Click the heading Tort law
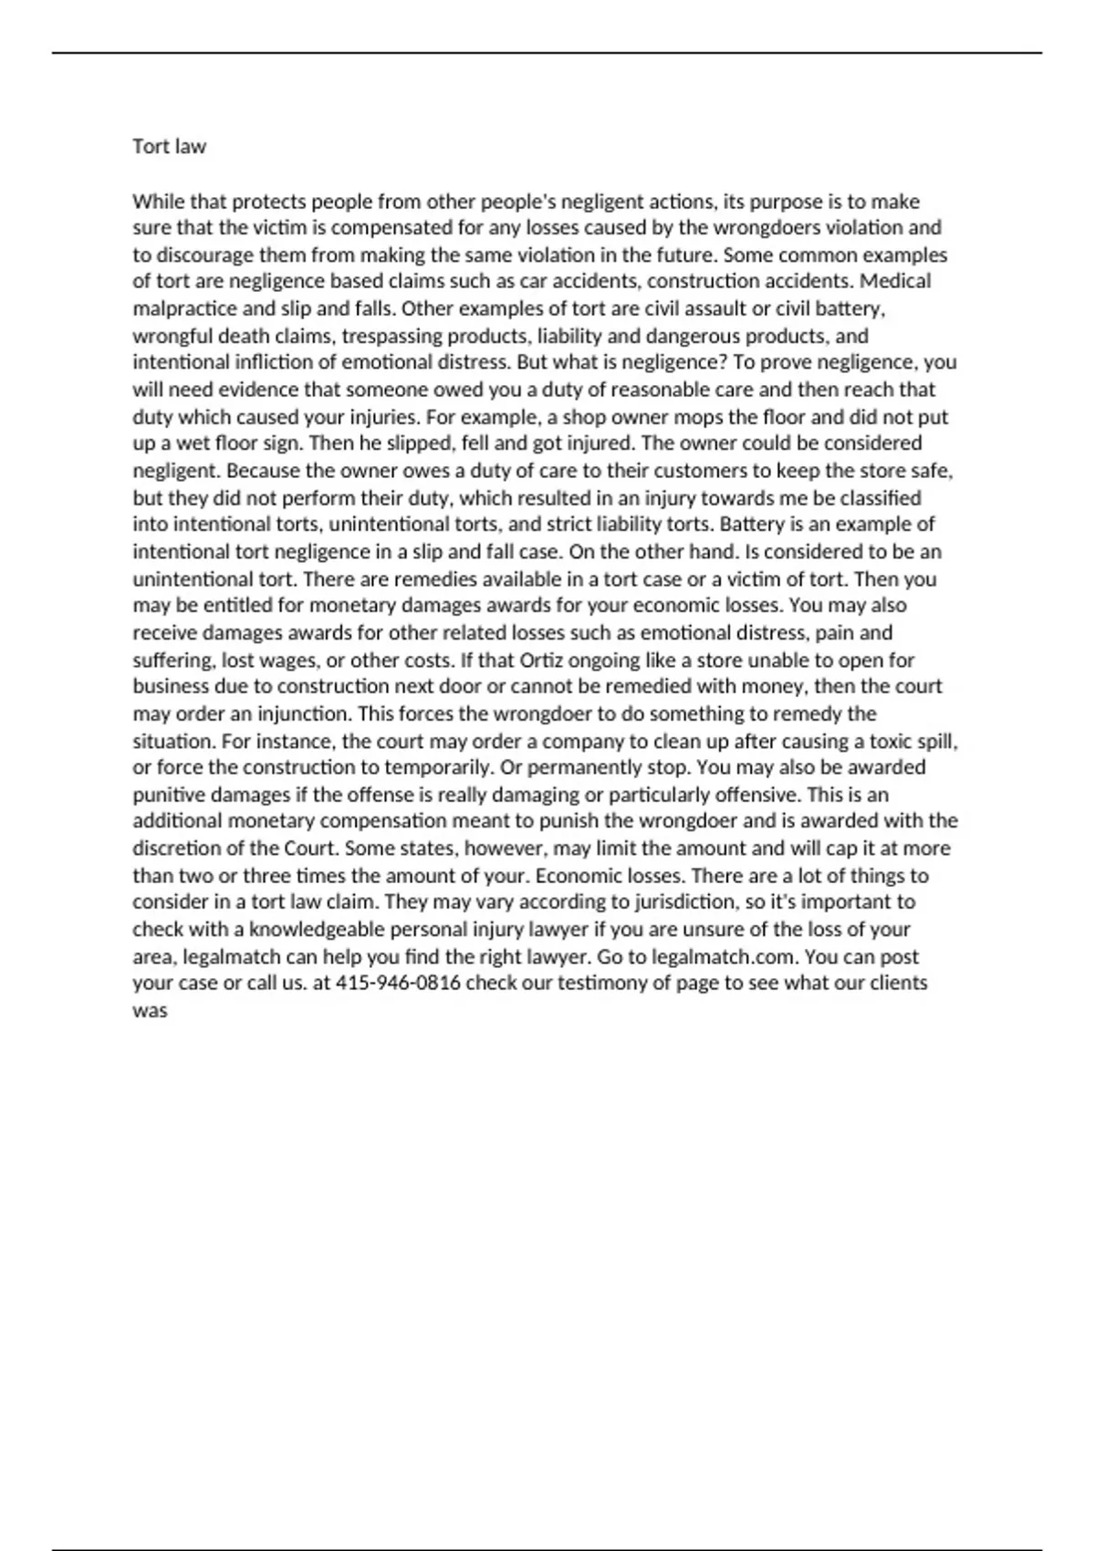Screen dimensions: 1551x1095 click(170, 147)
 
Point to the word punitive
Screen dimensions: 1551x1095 click(170, 795)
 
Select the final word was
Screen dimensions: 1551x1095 click(150, 1011)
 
